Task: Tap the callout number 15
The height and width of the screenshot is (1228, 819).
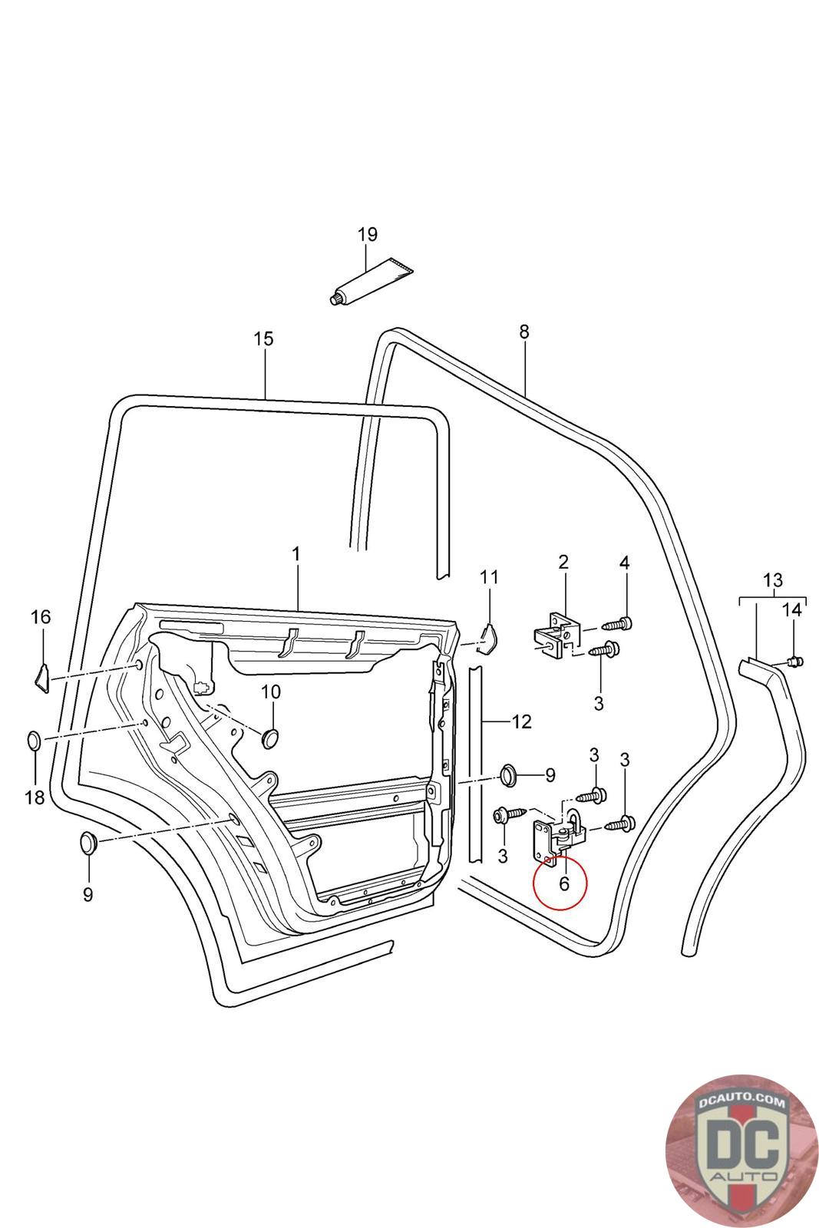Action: click(263, 339)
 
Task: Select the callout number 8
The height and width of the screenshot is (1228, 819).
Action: click(524, 332)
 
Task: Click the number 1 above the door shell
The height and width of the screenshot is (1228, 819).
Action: click(296, 553)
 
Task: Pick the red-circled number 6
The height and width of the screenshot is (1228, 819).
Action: click(564, 883)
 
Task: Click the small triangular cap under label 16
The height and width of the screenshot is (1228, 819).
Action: click(41, 676)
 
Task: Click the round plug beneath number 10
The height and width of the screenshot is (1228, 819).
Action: click(270, 738)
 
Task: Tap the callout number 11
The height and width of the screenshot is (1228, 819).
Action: click(489, 576)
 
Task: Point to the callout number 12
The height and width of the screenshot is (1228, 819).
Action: click(521, 721)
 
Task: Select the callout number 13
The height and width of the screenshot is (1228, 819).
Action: click(772, 579)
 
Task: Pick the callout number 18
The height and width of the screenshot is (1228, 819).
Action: click(35, 797)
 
